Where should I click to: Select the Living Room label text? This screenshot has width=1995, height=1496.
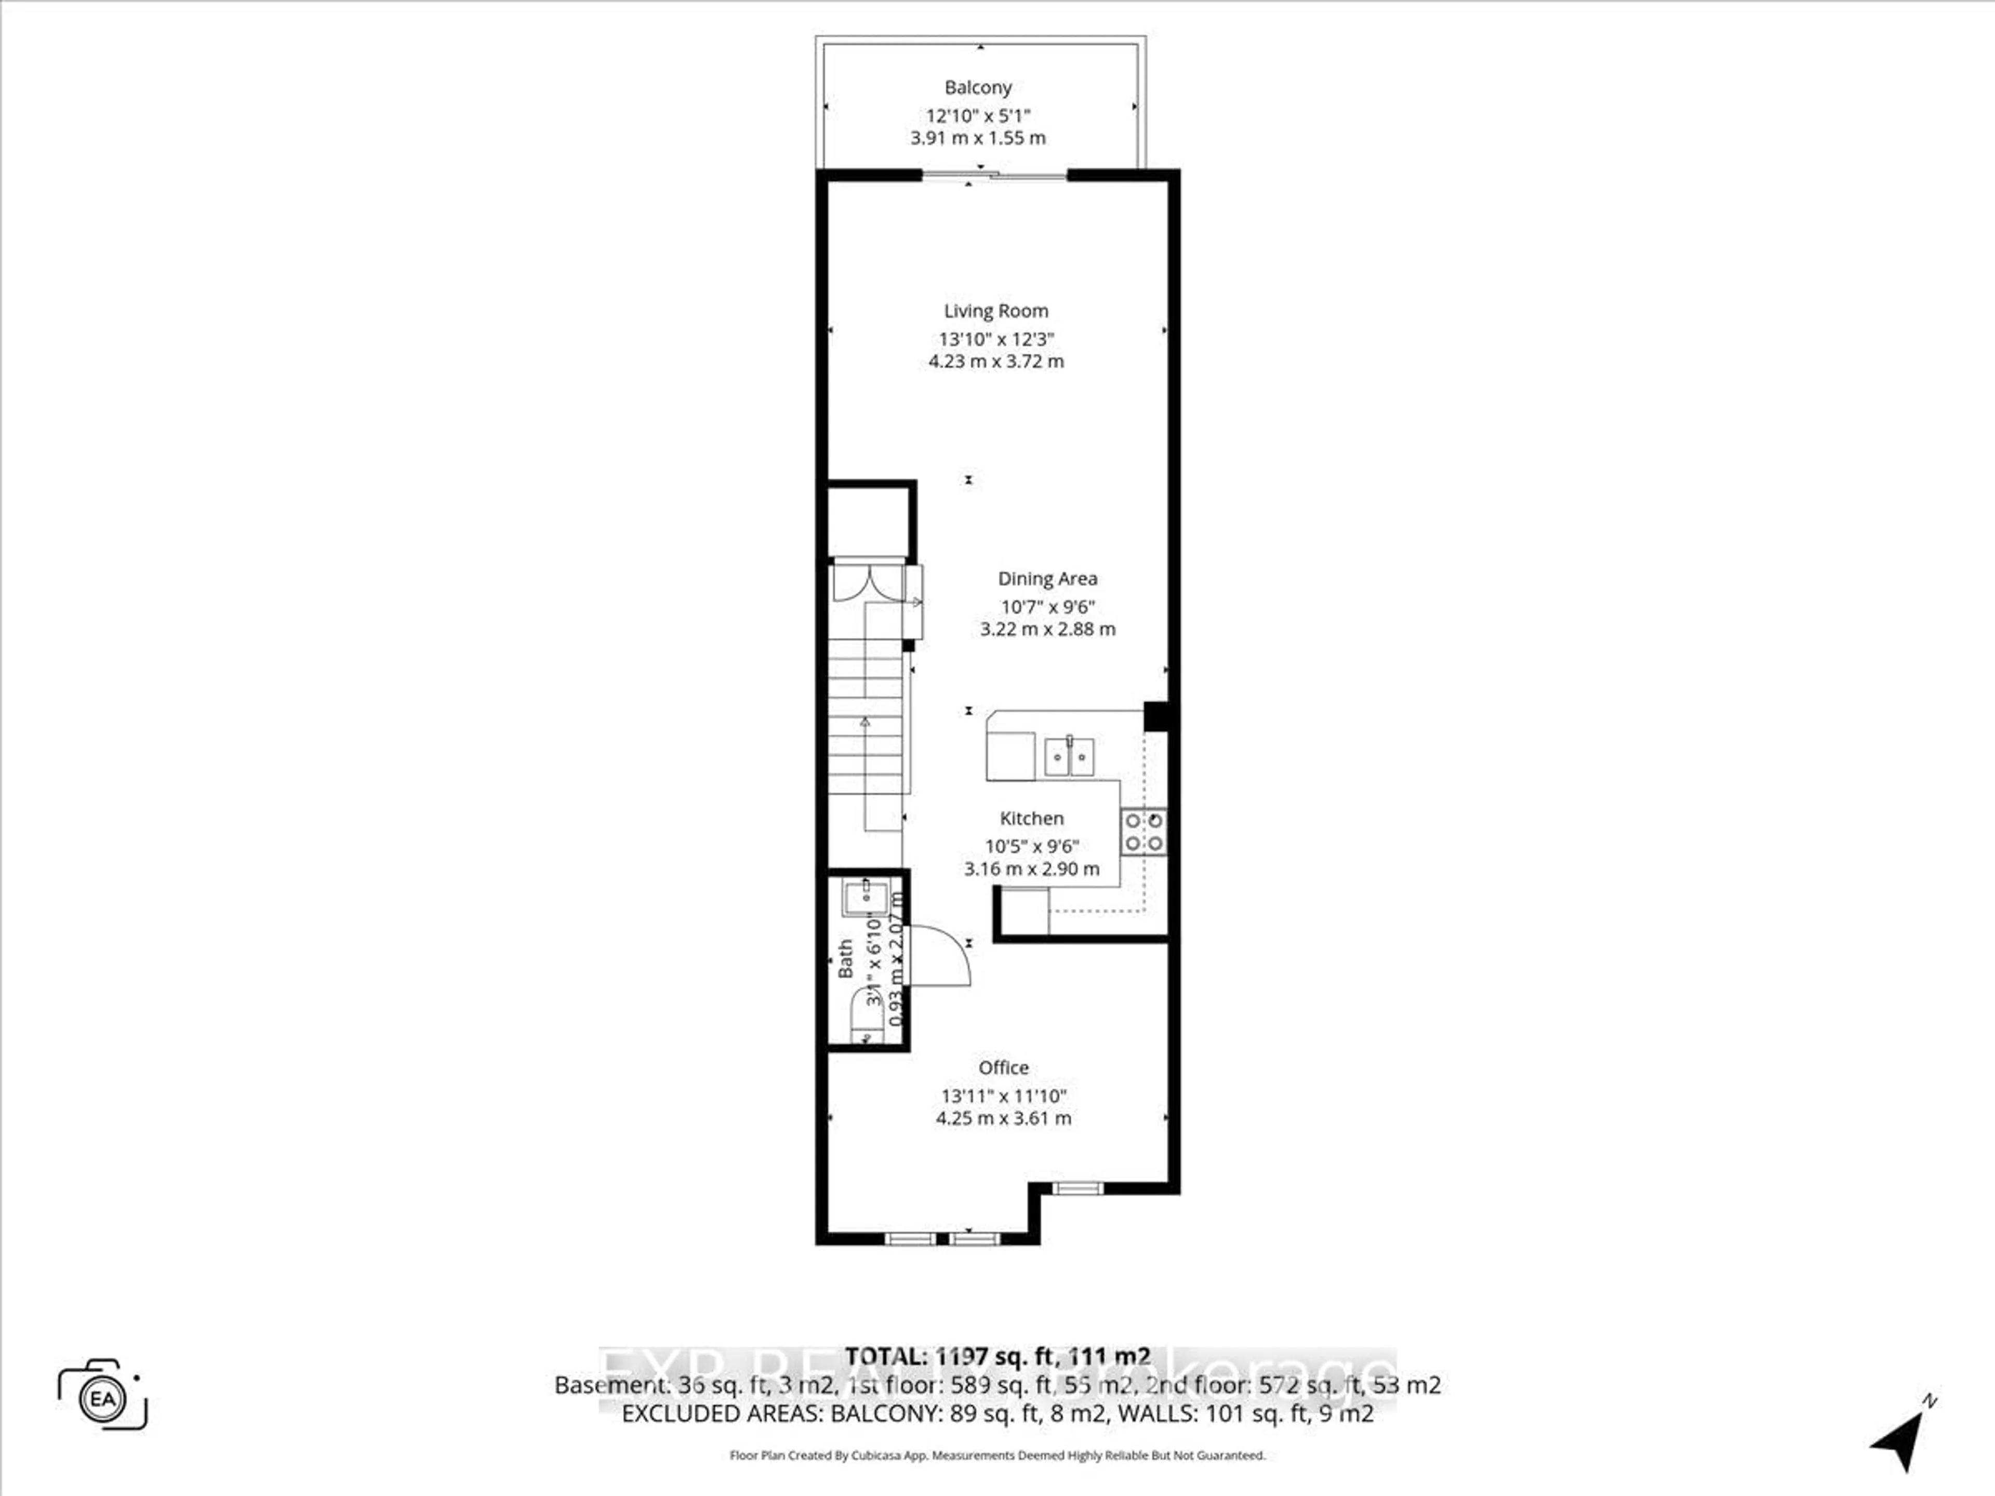pyautogui.click(x=996, y=311)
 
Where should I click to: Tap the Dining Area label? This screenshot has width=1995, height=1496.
pyautogui.click(x=1047, y=579)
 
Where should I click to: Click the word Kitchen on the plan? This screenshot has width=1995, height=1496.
pyautogui.click(x=1032, y=818)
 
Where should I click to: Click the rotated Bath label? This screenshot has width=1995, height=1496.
pyautogui.click(x=845, y=958)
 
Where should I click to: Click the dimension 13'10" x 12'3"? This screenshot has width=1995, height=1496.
pyautogui.click(x=996, y=339)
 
